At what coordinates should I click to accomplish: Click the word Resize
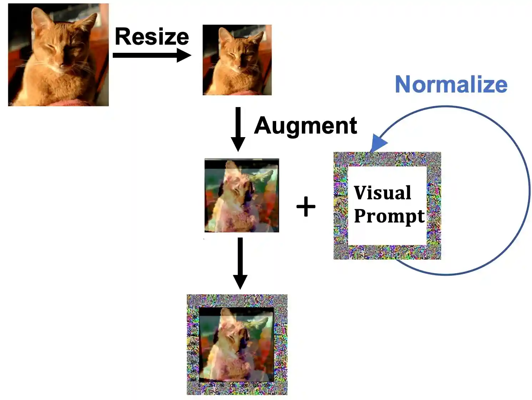pos(152,37)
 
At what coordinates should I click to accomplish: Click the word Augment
pos(306,126)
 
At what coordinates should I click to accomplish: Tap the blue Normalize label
pos(451,85)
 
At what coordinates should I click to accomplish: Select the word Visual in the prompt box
pos(382,193)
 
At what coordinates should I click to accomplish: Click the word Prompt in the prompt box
pos(389,216)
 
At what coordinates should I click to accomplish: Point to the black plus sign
pos(306,207)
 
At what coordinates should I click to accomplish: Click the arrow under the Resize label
pos(152,55)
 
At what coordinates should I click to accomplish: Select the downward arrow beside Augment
pos(238,129)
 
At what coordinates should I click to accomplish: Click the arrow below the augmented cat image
pos(240,262)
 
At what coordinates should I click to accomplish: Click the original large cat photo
pos(58,55)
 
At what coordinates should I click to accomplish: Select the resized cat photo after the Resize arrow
pos(237,60)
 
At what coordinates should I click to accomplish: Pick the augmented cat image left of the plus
pos(242,195)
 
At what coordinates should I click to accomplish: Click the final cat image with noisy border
pos(237,344)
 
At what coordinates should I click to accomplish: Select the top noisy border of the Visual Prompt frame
pos(387,159)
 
